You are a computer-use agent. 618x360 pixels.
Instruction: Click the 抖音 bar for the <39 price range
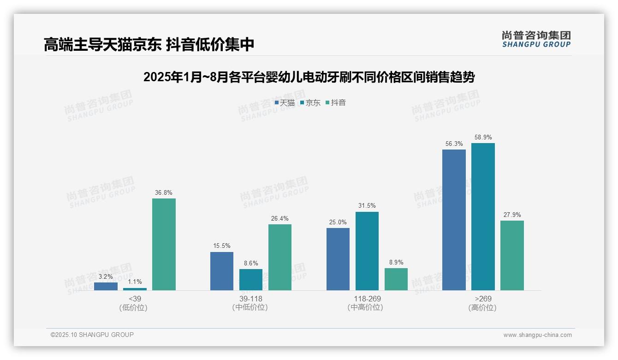[164, 244]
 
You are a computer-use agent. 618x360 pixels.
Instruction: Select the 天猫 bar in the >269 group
[454, 220]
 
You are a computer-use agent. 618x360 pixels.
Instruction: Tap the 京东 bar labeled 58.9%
[483, 216]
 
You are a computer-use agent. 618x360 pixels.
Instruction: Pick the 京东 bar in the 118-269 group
[367, 251]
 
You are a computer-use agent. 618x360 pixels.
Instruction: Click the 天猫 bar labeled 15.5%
[222, 271]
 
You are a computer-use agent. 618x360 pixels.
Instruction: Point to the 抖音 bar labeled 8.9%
[396, 279]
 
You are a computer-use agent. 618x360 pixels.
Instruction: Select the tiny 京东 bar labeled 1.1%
[135, 289]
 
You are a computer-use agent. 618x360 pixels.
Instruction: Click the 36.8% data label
[164, 193]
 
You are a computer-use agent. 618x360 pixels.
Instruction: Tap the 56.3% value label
[454, 144]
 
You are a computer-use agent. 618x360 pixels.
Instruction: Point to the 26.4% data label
[280, 219]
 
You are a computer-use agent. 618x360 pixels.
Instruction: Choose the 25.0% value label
[338, 222]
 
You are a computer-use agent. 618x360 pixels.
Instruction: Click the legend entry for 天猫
[285, 103]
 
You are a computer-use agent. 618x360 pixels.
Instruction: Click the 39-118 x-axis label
[250, 299]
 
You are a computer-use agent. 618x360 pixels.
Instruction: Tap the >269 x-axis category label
[482, 299]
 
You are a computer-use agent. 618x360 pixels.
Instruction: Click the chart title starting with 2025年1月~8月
[309, 77]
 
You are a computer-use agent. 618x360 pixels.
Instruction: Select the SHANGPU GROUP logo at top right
[536, 39]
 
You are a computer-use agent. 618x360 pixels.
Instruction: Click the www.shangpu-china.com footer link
[537, 335]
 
